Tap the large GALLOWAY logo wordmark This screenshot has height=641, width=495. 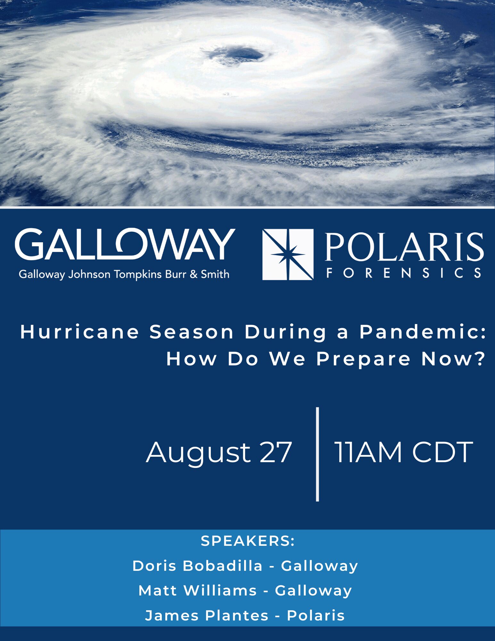coord(125,244)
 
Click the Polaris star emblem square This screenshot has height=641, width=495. coord(288,254)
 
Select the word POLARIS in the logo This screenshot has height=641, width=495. coord(404,247)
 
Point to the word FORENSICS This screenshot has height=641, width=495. coord(404,273)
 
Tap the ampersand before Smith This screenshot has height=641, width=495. coord(194,274)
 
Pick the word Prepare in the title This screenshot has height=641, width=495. coord(363,359)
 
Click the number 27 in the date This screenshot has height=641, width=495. coord(276,452)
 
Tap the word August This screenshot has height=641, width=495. coord(198,454)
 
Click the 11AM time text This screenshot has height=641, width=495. coord(368,452)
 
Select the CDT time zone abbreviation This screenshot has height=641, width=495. coord(442,452)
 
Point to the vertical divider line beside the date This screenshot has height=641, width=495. coord(318,454)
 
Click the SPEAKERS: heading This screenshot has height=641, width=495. coord(248,541)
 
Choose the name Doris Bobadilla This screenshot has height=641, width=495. coord(197,566)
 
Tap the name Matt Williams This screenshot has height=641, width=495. coord(198,591)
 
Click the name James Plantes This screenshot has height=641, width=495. coord(207,616)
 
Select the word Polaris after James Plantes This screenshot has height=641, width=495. coord(316,615)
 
